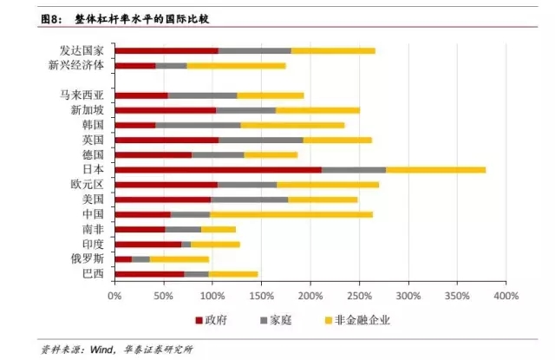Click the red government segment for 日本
(x=218, y=169)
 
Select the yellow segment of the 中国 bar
(x=291, y=213)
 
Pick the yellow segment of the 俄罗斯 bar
(x=180, y=259)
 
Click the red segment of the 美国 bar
(x=162, y=199)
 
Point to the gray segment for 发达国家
(x=254, y=50)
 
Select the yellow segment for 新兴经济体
(x=236, y=65)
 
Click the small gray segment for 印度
(x=186, y=244)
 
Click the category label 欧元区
(x=87, y=184)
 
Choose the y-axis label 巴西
(x=92, y=273)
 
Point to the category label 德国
(x=92, y=154)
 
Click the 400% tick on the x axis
(x=506, y=296)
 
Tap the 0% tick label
(x=114, y=296)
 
